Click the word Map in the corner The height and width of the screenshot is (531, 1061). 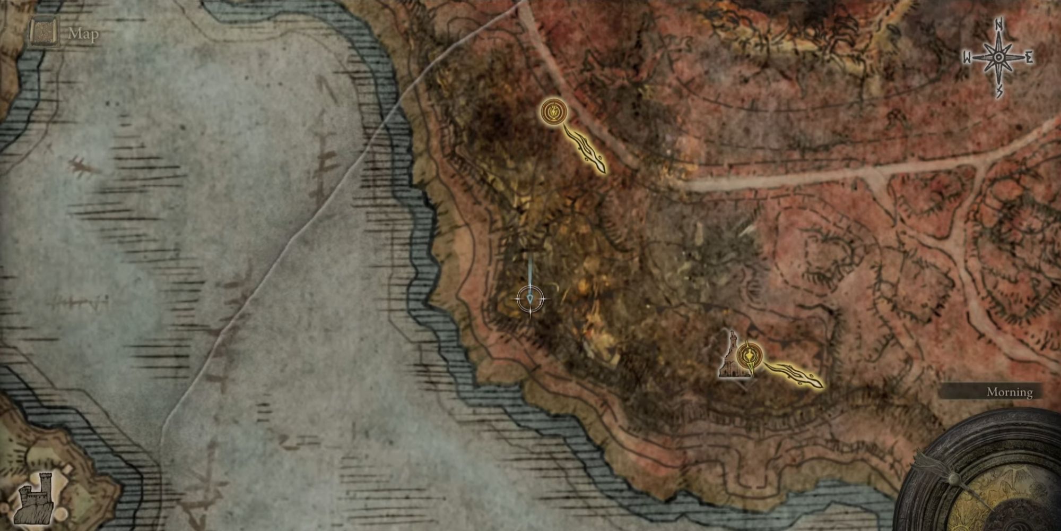click(83, 35)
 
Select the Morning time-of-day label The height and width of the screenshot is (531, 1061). click(1009, 392)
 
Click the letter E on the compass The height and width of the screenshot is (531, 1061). click(1029, 58)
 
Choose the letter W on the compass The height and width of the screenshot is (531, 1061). click(967, 58)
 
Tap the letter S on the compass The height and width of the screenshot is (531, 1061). click(999, 91)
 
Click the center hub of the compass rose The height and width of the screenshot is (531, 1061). click(998, 57)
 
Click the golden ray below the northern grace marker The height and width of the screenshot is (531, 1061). click(586, 149)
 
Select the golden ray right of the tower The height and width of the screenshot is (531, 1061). click(793, 374)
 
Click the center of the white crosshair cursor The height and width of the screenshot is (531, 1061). click(531, 300)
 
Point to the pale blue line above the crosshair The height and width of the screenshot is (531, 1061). click(530, 271)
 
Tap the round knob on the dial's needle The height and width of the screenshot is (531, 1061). click(953, 479)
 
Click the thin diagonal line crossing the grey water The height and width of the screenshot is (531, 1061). click(297, 239)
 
